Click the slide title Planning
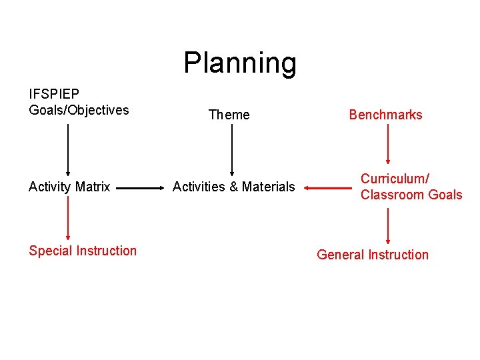click(x=240, y=63)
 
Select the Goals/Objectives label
click(x=79, y=110)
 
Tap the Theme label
click(x=229, y=115)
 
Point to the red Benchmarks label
click(x=385, y=115)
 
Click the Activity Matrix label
click(x=69, y=187)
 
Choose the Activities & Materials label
click(x=233, y=187)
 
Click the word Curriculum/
click(x=395, y=179)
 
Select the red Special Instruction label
click(x=83, y=251)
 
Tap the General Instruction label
click(x=373, y=255)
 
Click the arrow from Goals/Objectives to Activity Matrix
click(x=67, y=149)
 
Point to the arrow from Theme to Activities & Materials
click(x=232, y=149)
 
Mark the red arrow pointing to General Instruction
click(x=388, y=225)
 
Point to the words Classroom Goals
click(x=411, y=195)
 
